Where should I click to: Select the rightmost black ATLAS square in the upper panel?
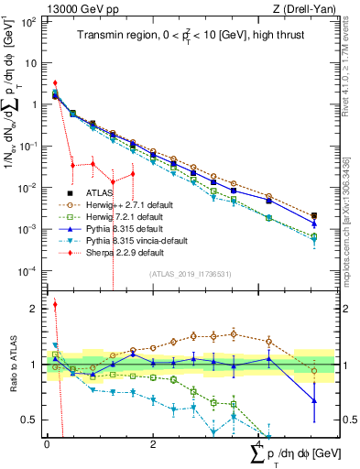[314, 216]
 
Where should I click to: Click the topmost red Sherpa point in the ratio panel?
[55, 305]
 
